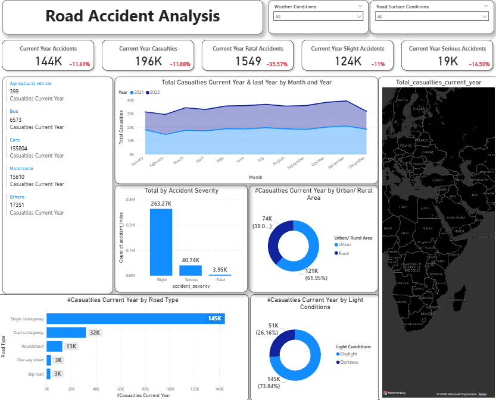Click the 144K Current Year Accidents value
[49, 61]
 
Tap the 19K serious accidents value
[448, 61]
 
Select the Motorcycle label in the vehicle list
[21, 168]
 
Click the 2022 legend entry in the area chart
[155, 92]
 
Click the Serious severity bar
[190, 270]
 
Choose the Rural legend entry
[345, 253]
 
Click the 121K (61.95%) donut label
[317, 275]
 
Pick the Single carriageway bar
[135, 319]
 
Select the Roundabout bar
[54, 347]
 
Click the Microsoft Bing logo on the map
[394, 393]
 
